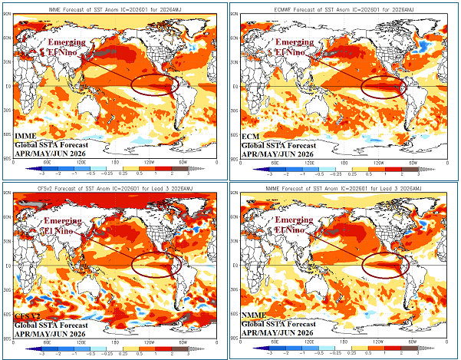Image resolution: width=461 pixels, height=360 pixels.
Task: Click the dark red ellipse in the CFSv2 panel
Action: tap(158, 263)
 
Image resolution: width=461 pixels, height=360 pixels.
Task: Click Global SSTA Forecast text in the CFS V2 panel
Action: tap(52, 325)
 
